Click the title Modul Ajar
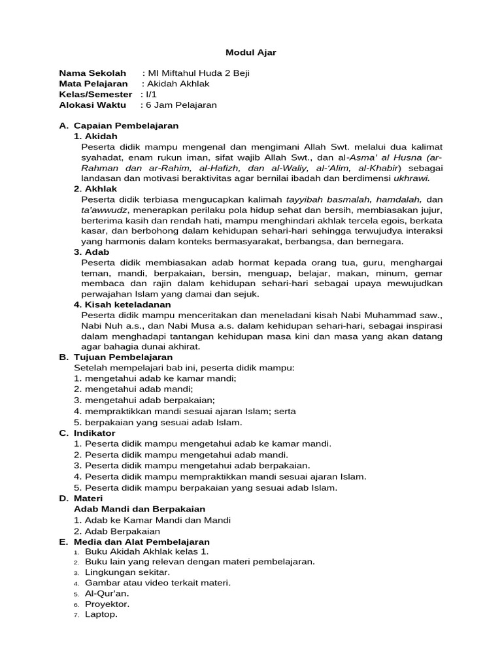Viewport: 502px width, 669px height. pyautogui.click(x=251, y=53)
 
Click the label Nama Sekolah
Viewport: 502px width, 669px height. pyautogui.click(x=92, y=73)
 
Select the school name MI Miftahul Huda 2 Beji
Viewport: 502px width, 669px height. pyautogui.click(x=199, y=73)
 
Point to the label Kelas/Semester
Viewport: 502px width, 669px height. pyautogui.click(x=95, y=94)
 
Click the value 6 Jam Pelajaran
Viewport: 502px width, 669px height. pyautogui.click(x=181, y=105)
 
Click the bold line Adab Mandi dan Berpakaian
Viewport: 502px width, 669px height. pyautogui.click(x=140, y=508)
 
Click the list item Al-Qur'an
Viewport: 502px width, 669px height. pyautogui.click(x=107, y=593)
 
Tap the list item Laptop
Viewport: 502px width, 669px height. pyautogui.click(x=101, y=615)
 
